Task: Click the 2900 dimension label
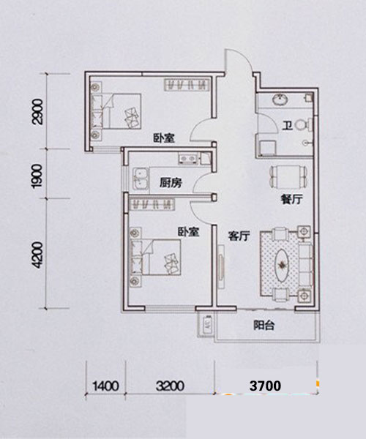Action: pyautogui.click(x=38, y=111)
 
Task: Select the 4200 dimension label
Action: pyautogui.click(x=37, y=255)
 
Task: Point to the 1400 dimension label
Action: pyautogui.click(x=105, y=386)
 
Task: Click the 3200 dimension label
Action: pyautogui.click(x=170, y=386)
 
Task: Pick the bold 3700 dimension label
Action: pyautogui.click(x=265, y=386)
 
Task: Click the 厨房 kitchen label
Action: pyautogui.click(x=171, y=183)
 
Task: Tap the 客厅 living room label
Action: pyautogui.click(x=239, y=236)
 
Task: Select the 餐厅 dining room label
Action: pyautogui.click(x=292, y=200)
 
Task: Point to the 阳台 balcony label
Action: pyautogui.click(x=264, y=326)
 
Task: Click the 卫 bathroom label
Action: pyautogui.click(x=287, y=126)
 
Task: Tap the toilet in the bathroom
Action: pyautogui.click(x=304, y=124)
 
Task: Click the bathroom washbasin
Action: pyautogui.click(x=280, y=100)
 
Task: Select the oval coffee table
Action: pyautogui.click(x=282, y=264)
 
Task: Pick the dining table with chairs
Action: pyautogui.click(x=288, y=177)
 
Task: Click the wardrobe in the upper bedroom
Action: pyautogui.click(x=187, y=85)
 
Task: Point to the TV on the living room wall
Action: pyautogui.click(x=221, y=267)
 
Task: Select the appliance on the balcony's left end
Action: pyautogui.click(x=207, y=325)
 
